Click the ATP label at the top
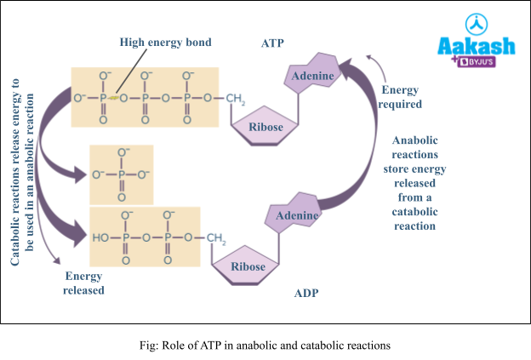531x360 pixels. click(273, 43)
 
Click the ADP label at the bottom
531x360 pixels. click(306, 294)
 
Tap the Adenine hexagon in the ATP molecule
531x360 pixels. click(311, 77)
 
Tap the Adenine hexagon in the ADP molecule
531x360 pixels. click(296, 215)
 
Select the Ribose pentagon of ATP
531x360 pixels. click(265, 128)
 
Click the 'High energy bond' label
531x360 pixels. click(165, 43)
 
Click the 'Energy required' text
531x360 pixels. click(401, 97)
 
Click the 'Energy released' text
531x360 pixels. click(83, 283)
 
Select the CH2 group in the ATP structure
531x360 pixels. click(237, 99)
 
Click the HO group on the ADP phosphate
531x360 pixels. click(100, 237)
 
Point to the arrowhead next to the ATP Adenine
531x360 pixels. click(345, 64)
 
